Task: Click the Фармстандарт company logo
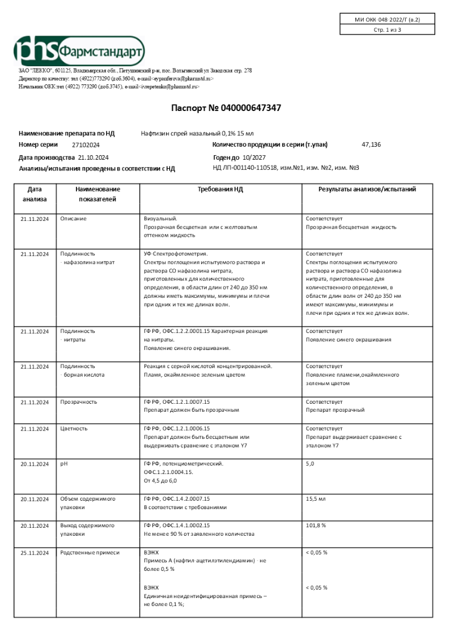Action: pos(79,50)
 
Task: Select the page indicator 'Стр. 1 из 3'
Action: pos(388,30)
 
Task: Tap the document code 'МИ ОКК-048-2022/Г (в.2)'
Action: pos(388,19)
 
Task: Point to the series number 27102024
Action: pos(86,145)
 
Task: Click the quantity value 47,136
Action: pos(371,145)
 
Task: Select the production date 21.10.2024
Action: pos(93,157)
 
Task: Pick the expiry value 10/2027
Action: pos(254,157)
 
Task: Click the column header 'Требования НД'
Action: pos(220,189)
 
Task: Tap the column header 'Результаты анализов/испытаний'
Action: pos(367,189)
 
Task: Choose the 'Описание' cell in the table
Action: pos(74,218)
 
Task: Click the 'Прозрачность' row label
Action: pos(79,402)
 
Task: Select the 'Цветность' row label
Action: pos(74,428)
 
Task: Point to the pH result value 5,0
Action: pos(310,464)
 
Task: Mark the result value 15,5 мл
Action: pos(315,499)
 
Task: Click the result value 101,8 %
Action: pos(316,525)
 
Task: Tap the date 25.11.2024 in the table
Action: pos(35,552)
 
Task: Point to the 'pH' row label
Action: pos(63,464)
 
